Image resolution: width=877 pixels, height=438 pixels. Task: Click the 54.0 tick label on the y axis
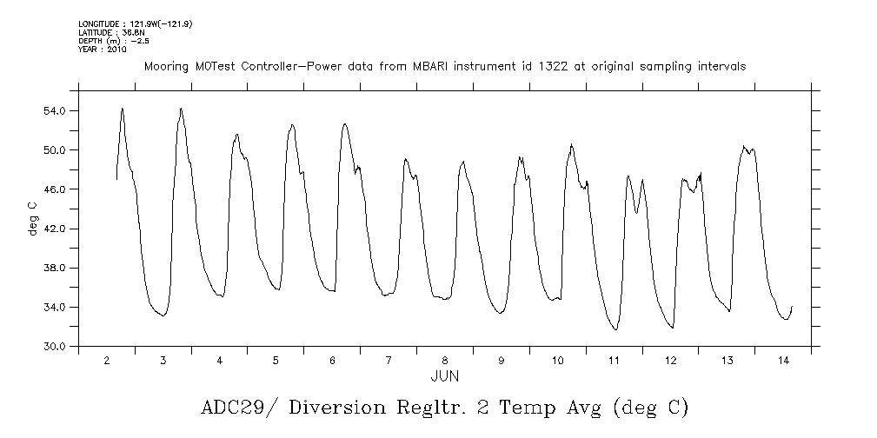(x=56, y=111)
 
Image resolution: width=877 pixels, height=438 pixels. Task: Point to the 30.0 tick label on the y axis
(x=56, y=347)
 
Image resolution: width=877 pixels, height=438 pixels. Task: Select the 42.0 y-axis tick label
(x=56, y=229)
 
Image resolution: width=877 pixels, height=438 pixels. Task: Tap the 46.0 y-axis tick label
(x=56, y=189)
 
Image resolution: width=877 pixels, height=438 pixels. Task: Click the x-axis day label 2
(x=107, y=360)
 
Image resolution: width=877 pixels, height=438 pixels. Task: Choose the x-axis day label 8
(x=445, y=360)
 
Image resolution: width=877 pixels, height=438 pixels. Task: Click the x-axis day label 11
(x=614, y=360)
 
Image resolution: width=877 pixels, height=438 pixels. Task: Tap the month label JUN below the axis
(x=445, y=376)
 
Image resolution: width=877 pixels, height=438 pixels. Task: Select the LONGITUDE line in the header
(x=135, y=24)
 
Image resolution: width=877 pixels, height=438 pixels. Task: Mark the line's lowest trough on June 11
(x=615, y=330)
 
